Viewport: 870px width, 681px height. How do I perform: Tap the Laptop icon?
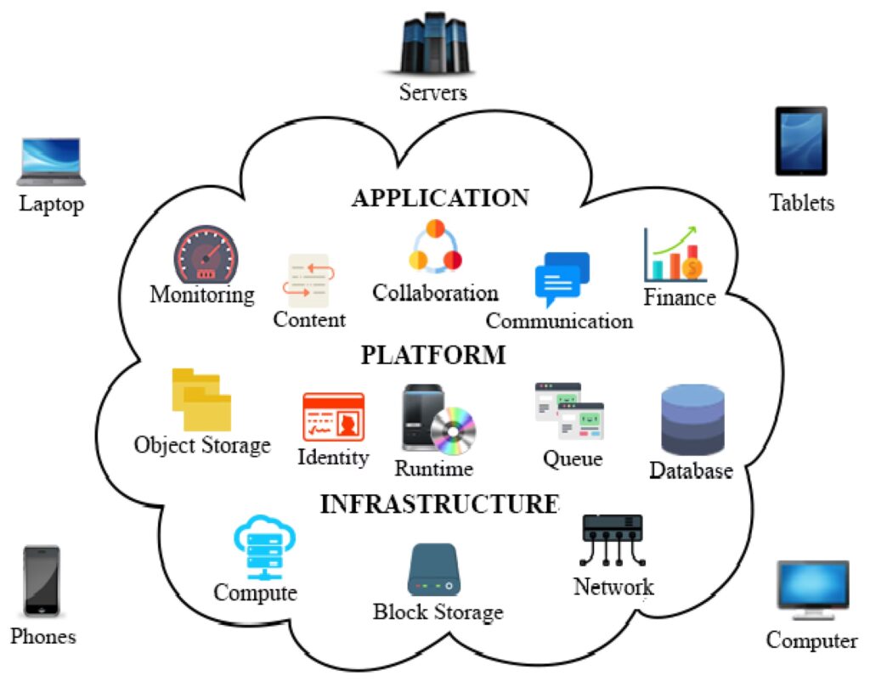pyautogui.click(x=51, y=161)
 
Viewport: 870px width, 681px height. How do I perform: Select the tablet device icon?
pyautogui.click(x=800, y=141)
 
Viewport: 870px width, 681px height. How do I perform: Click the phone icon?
pyautogui.click(x=41, y=581)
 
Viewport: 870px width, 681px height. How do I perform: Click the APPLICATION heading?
pyautogui.click(x=440, y=199)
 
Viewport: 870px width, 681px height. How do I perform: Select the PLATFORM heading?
pyautogui.click(x=433, y=355)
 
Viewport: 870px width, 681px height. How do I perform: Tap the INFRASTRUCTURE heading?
pyautogui.click(x=439, y=504)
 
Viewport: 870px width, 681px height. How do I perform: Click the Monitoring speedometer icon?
pyautogui.click(x=206, y=254)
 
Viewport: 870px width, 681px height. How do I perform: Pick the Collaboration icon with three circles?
pyautogui.click(x=435, y=246)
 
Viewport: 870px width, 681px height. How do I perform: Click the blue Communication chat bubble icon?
pyautogui.click(x=562, y=279)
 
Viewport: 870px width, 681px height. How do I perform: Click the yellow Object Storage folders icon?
pyautogui.click(x=201, y=399)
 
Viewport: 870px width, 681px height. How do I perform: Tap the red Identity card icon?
pyautogui.click(x=333, y=417)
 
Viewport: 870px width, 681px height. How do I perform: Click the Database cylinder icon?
pyautogui.click(x=692, y=420)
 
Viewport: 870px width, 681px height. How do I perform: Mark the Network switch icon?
pyautogui.click(x=613, y=537)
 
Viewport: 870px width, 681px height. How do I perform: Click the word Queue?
pyautogui.click(x=573, y=459)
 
